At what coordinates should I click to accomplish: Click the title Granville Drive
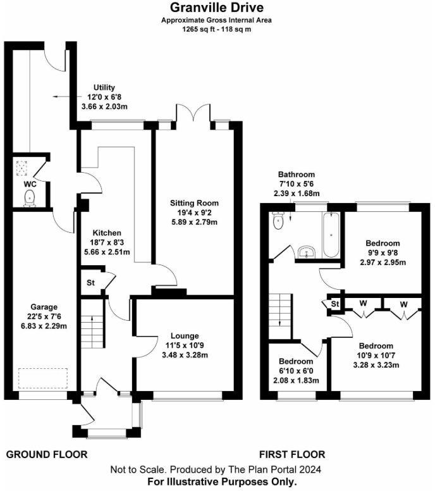[x=217, y=8]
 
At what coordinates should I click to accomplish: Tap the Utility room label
[x=104, y=87]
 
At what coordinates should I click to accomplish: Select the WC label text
[x=29, y=184]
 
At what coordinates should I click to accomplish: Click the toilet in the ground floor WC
[x=29, y=199]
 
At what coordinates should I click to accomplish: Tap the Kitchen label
[x=104, y=232]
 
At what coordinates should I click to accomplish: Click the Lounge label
[x=185, y=335]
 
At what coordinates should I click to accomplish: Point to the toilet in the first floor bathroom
[x=277, y=221]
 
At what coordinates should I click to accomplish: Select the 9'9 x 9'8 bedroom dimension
[x=383, y=253]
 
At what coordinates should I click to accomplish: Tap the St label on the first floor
[x=334, y=305]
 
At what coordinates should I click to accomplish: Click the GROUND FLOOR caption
[x=47, y=454]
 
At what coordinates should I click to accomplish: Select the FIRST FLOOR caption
[x=292, y=454]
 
